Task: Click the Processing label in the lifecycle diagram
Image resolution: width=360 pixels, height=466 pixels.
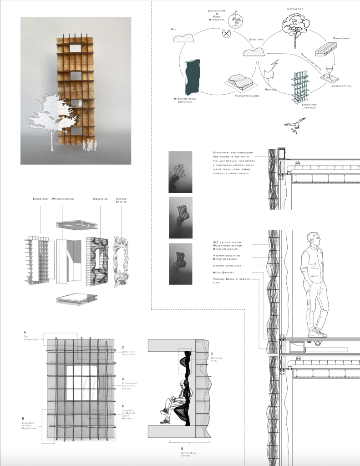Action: [x=341, y=38]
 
